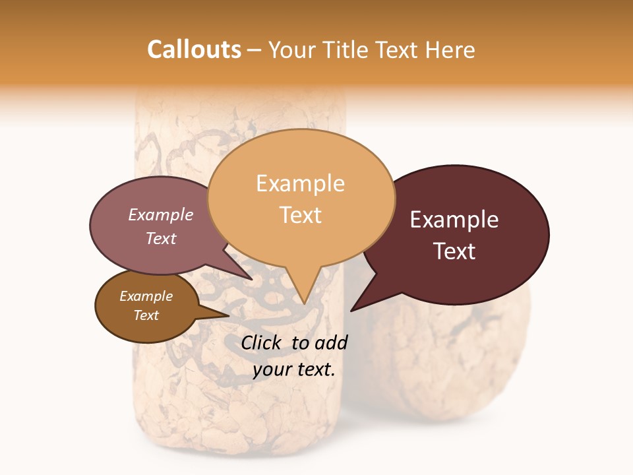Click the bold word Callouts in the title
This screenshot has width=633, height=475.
(x=194, y=49)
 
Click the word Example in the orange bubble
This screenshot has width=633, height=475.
(x=300, y=183)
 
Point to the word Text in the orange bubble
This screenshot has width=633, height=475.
(x=300, y=214)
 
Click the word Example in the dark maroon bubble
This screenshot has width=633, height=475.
(x=454, y=220)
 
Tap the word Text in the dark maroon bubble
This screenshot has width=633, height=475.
(x=455, y=251)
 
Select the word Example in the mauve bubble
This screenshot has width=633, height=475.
(x=160, y=214)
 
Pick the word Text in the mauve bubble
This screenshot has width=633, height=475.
(x=160, y=238)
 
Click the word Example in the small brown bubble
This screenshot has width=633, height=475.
(x=146, y=296)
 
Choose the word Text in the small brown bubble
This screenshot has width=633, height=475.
(x=146, y=315)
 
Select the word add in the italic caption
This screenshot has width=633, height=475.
(x=332, y=342)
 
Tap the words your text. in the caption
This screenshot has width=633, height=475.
(x=293, y=369)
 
